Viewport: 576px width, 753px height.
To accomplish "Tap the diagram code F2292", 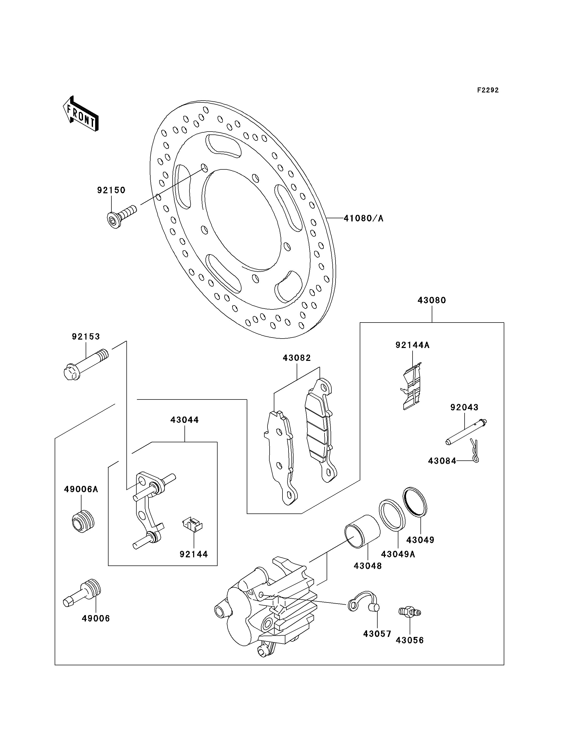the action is pyautogui.click(x=488, y=90).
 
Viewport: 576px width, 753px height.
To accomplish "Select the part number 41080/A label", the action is pyautogui.click(x=363, y=218).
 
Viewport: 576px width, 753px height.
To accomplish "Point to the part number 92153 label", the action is pyautogui.click(x=86, y=336).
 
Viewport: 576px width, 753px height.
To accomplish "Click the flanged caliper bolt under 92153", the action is pyautogui.click(x=86, y=364).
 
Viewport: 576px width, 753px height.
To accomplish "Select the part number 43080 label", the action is pyautogui.click(x=432, y=300).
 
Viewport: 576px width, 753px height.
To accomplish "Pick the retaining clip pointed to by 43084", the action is pyautogui.click(x=474, y=450).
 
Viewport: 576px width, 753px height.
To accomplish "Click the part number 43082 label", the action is pyautogui.click(x=297, y=358).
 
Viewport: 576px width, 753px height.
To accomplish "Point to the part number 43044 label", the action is pyautogui.click(x=184, y=420).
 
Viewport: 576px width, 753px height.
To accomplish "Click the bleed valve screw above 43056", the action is pyautogui.click(x=410, y=612).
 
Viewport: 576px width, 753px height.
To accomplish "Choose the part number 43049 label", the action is pyautogui.click(x=420, y=540).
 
